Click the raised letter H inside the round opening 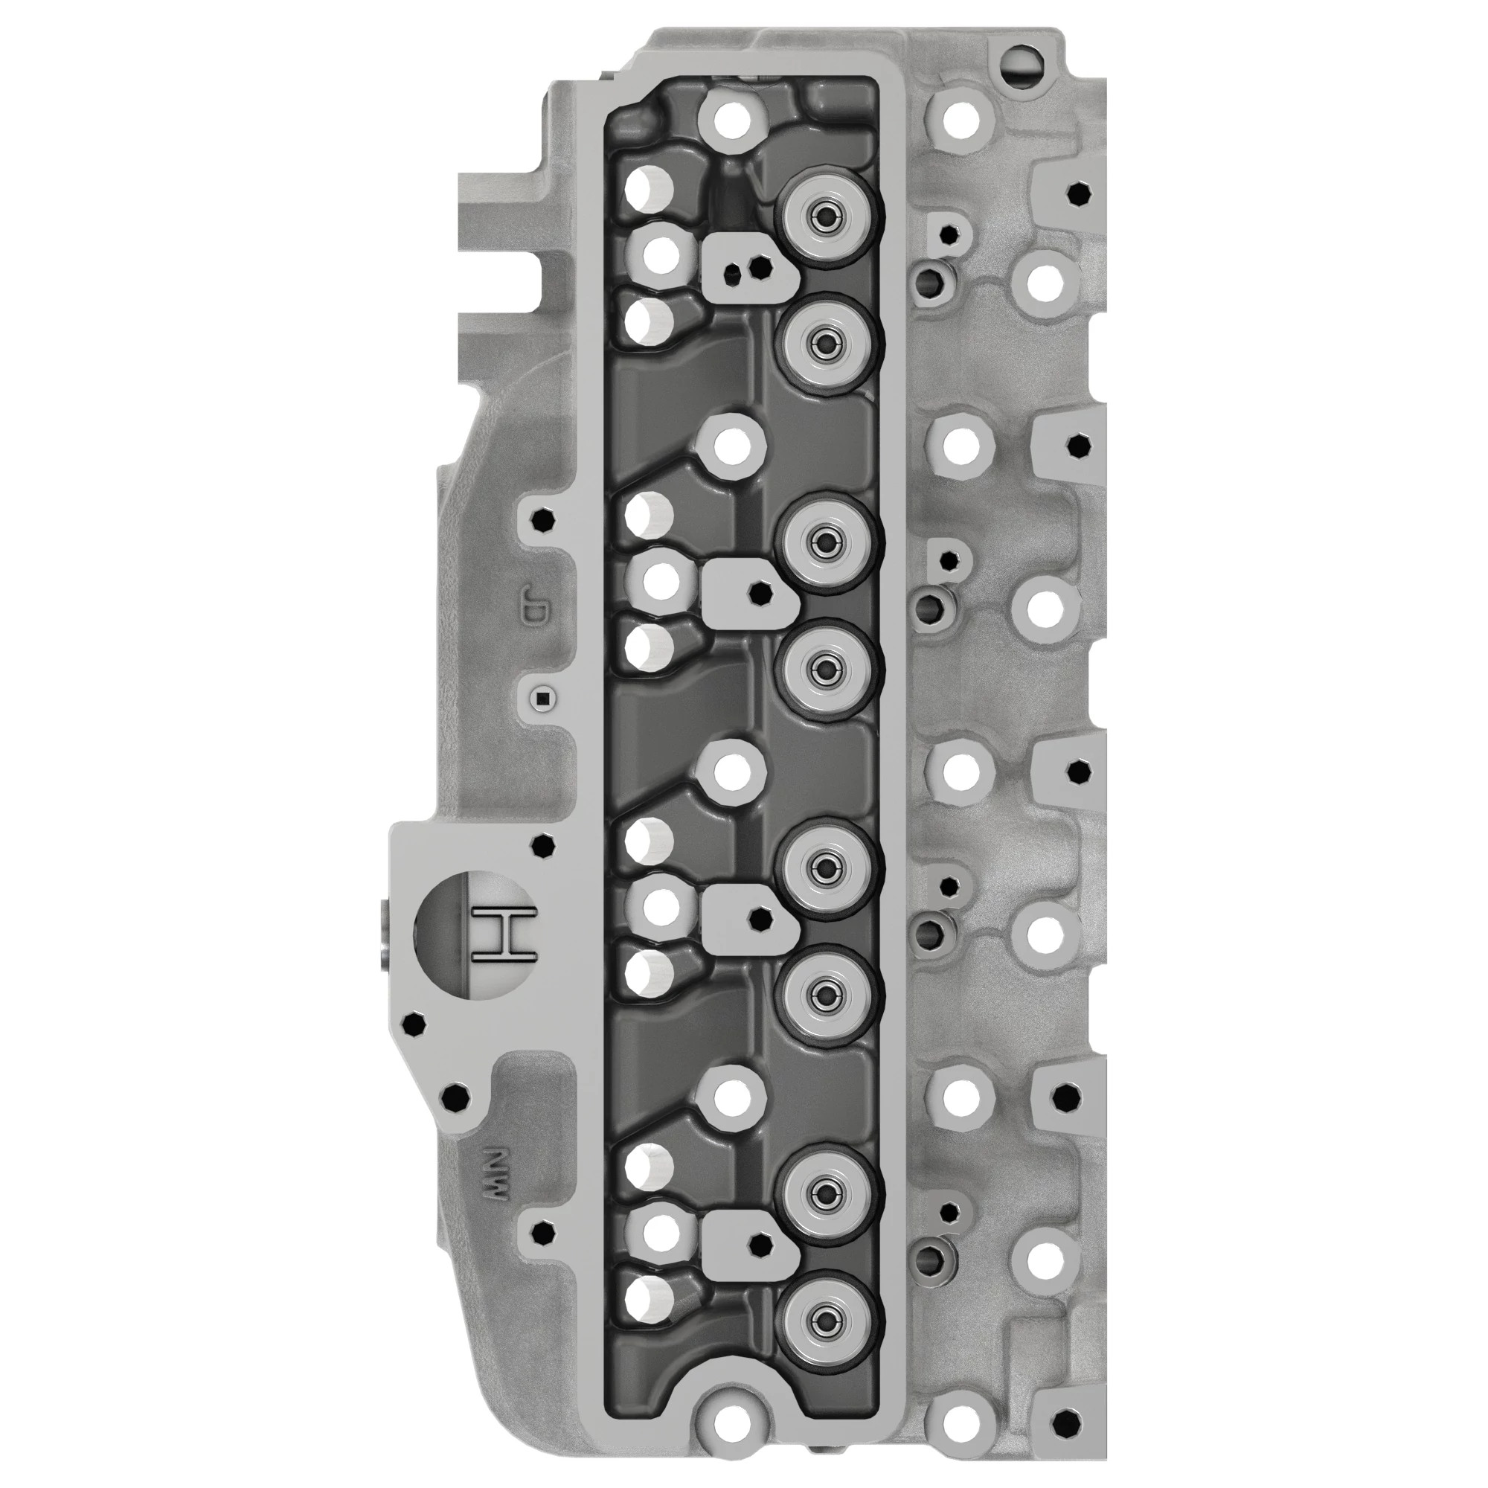tap(505, 934)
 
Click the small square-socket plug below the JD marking tap(544, 699)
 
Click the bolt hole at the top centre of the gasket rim tap(731, 118)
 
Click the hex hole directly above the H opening tap(544, 847)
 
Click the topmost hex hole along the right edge tap(1080, 194)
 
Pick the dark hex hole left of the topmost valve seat tap(761, 267)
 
